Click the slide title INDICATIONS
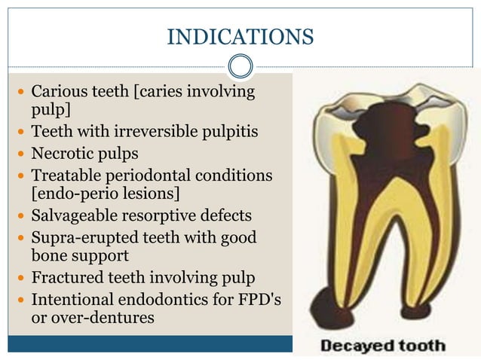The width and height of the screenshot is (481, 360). pyautogui.click(x=240, y=36)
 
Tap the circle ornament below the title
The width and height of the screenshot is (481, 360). pyautogui.click(x=240, y=66)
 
